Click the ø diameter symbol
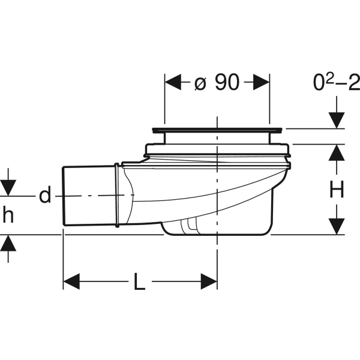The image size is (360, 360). [x=201, y=83]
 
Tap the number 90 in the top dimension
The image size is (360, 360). [x=227, y=83]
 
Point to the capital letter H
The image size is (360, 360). [x=337, y=190]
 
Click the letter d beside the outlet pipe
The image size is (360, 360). [x=45, y=196]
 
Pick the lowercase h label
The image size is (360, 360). [x=8, y=215]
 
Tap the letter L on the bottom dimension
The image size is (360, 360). [x=139, y=281]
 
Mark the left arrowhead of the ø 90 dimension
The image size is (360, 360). [x=173, y=83]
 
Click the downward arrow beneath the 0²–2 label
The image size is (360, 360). [x=337, y=115]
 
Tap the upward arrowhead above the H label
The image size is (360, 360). [x=337, y=152]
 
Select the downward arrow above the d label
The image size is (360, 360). [x=8, y=184]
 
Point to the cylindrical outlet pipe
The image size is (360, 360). [x=90, y=196]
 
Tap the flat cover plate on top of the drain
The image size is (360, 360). [x=217, y=129]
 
